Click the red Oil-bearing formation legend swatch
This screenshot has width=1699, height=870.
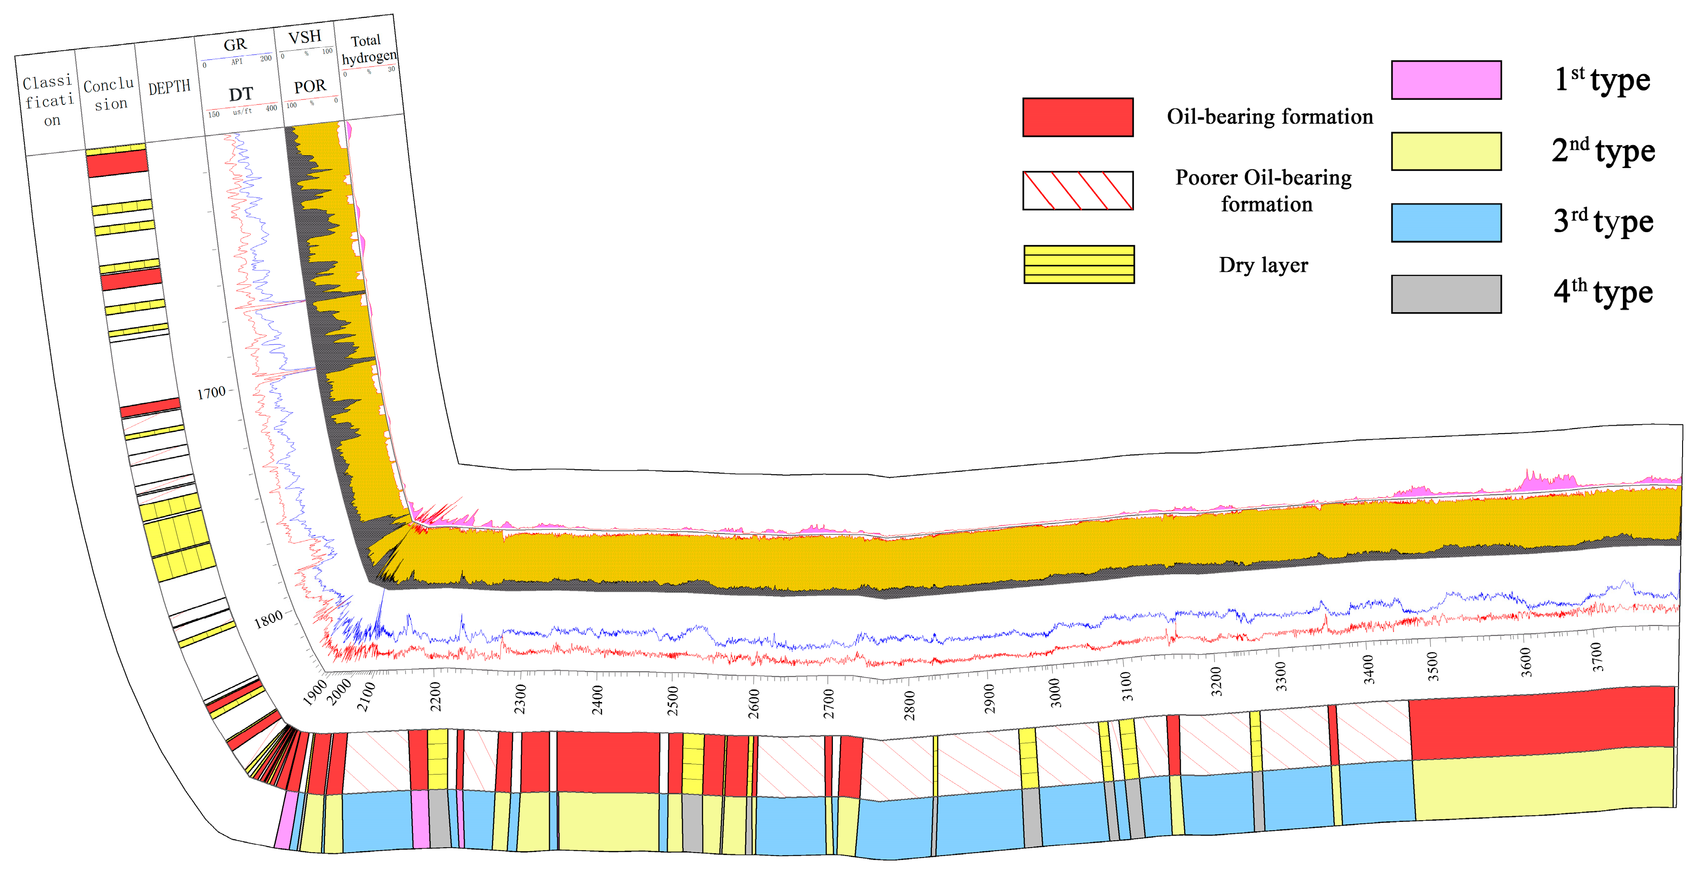coord(1077,117)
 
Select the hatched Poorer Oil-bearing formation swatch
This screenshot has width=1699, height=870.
coord(1077,190)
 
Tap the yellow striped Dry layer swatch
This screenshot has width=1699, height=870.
coord(1079,264)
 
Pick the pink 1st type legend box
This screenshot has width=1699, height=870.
coord(1446,80)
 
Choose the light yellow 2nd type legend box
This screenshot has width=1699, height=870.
coord(1446,151)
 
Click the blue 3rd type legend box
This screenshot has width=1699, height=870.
coord(1446,223)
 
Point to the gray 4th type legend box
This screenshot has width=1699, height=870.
coord(1446,294)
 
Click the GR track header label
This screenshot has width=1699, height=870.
coord(235,45)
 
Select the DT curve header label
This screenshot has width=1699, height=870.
coord(241,94)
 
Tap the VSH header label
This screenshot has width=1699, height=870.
coord(304,37)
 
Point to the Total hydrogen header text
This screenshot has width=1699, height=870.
coord(368,49)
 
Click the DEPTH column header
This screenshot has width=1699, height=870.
coord(169,87)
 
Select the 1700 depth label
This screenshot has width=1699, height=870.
coord(211,393)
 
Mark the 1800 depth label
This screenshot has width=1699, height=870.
coord(269,619)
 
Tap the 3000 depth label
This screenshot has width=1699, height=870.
coord(1055,693)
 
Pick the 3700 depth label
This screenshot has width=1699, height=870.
coord(1596,657)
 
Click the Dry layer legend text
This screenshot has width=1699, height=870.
coord(1263,265)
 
